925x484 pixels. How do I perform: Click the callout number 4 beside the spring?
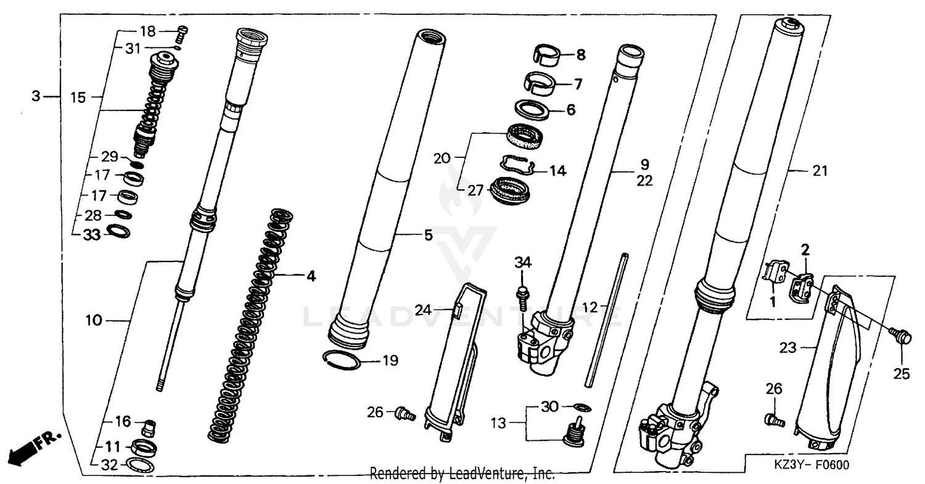311,276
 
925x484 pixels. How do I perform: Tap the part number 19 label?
390,361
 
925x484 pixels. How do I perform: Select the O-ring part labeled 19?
343,360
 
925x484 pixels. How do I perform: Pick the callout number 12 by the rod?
590,306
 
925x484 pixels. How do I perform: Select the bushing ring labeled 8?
546,54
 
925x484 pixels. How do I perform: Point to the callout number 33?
91,235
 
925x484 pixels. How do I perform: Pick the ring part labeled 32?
139,465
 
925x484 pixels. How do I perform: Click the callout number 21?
820,171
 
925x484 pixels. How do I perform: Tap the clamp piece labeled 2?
802,282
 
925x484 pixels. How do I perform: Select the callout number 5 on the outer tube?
428,235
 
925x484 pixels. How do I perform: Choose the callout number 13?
498,424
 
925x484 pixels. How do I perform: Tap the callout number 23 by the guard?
787,348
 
